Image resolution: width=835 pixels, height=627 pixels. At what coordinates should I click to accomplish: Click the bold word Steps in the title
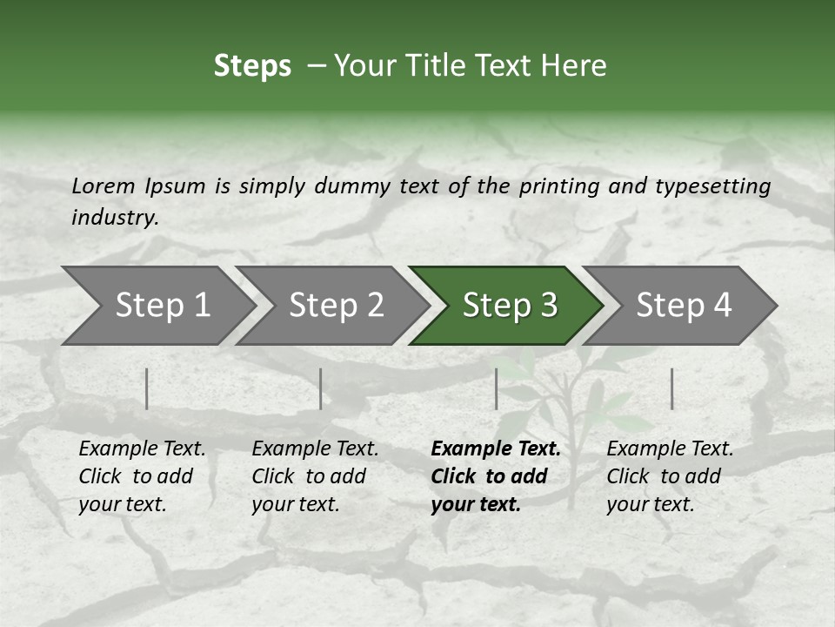pos(252,66)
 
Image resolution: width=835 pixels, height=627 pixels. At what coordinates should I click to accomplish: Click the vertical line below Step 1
pos(147,388)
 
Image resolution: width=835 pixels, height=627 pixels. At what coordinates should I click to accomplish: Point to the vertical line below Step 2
pos(321,388)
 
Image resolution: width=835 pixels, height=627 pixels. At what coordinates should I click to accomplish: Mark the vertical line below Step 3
pos(496,388)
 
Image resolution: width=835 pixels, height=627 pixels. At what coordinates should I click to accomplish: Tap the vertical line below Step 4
pos(671,388)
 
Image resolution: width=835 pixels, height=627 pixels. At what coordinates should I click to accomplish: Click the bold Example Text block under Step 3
pos(496,476)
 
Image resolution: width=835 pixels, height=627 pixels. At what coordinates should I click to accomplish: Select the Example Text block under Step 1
pos(142,476)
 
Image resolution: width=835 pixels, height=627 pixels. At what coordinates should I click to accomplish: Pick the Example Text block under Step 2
pos(315,476)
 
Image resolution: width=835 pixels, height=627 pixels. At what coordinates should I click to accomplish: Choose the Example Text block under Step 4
pos(670,476)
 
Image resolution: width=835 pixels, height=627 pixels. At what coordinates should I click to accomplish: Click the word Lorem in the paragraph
pos(104,186)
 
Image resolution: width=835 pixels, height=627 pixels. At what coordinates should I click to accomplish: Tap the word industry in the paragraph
pos(115,218)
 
